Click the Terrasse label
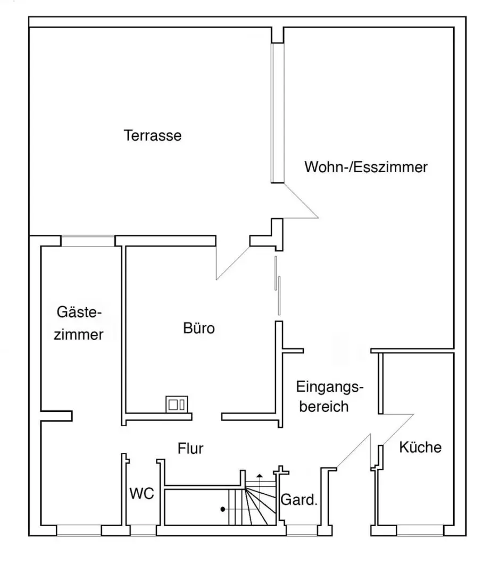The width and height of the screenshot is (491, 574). [153, 136]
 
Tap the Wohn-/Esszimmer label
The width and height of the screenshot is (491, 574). [365, 167]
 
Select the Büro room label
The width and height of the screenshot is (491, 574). [199, 328]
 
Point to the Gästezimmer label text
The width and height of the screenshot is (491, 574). [79, 323]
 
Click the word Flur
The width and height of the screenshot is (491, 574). [190, 449]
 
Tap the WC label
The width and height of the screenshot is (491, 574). [142, 493]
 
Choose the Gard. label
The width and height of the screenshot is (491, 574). [298, 500]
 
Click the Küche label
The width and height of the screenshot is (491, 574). [420, 447]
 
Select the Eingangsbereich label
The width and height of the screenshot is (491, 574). [329, 396]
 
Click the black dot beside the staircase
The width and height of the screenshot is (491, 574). [222, 509]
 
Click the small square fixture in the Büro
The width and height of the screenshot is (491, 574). [177, 404]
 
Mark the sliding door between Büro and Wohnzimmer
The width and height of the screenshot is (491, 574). [278, 285]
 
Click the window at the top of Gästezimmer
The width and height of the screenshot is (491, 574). [88, 241]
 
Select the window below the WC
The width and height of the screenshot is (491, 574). [143, 530]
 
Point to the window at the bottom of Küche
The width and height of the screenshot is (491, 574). [420, 530]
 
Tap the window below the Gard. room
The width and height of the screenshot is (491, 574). [302, 530]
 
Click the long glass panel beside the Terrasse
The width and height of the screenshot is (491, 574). [277, 113]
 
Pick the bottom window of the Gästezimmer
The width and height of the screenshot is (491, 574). [79, 530]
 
